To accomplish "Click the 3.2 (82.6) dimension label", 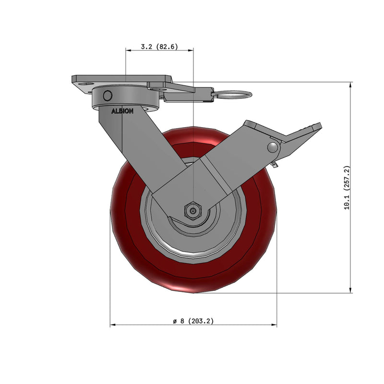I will [x=159, y=47].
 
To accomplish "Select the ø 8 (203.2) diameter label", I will [x=193, y=321].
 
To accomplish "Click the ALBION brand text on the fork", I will [x=123, y=110].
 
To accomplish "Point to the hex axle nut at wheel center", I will [x=193, y=210].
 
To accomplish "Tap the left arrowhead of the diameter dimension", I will [x=112, y=325].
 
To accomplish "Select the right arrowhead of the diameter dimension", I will [x=275, y=325].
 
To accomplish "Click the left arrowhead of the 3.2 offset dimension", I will [x=127, y=49].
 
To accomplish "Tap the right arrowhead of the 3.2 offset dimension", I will [x=192, y=49].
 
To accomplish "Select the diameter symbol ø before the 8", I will [x=175, y=321].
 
